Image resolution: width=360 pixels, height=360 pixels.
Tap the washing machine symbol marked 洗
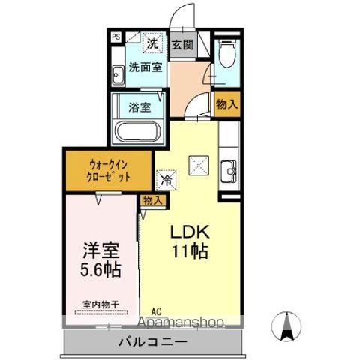coord(151,43)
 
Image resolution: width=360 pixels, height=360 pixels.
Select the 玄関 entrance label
coord(182,44)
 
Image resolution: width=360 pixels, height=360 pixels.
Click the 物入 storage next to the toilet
coord(226,104)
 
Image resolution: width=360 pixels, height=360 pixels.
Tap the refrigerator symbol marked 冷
coord(165,180)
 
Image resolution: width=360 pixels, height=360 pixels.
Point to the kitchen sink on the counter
coord(229,166)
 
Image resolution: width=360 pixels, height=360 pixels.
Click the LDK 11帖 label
coord(192,241)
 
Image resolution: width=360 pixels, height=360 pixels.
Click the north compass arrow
coord(286,325)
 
